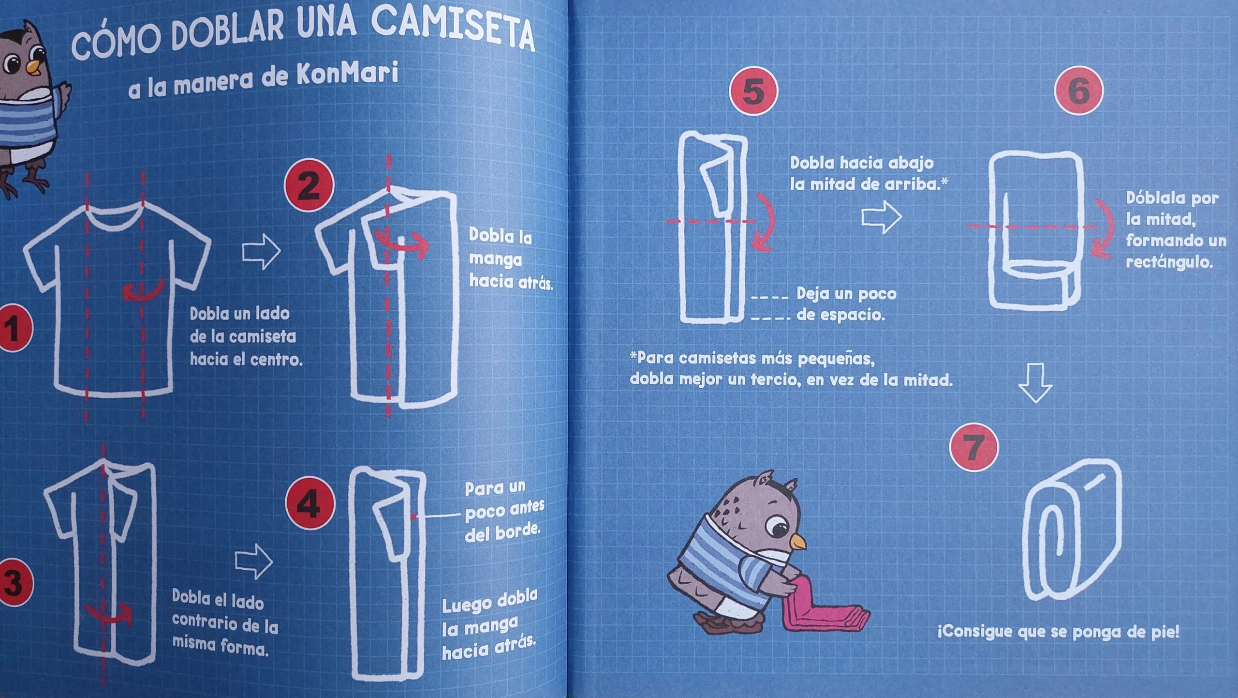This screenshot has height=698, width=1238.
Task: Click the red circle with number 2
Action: coord(309,185)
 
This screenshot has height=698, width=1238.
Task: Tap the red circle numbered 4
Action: coord(310,504)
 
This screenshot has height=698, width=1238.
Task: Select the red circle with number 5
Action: coord(753,91)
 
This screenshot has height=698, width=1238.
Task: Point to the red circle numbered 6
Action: coord(1079,90)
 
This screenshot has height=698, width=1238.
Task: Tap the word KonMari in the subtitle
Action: coord(347,74)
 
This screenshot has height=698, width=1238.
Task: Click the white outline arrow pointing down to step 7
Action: coord(1035,382)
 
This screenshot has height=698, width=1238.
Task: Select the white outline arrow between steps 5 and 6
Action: coord(882,217)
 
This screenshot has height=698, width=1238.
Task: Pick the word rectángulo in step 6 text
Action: coord(1169,262)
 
